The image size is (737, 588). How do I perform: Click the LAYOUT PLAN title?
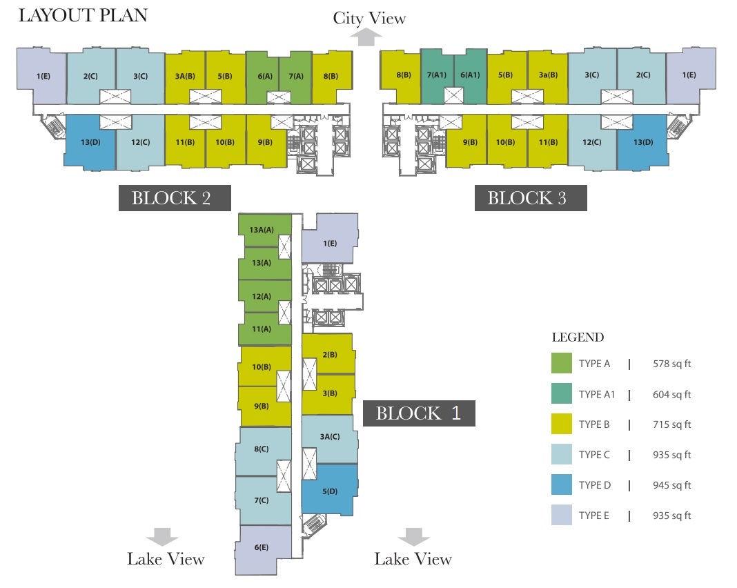point(83,16)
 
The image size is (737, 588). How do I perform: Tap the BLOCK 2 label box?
point(171,198)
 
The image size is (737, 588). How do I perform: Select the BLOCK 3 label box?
point(527,198)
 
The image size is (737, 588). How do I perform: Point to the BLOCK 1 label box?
point(418,413)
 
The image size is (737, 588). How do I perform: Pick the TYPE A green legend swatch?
point(562,364)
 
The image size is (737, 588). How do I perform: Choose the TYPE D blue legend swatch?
point(562,485)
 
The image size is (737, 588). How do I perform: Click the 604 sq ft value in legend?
point(671,395)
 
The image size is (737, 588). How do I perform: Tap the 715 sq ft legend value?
point(671,424)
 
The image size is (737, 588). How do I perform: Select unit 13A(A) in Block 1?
point(262,229)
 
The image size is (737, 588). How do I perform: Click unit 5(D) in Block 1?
point(330,491)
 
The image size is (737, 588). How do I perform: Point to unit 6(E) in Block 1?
point(261,548)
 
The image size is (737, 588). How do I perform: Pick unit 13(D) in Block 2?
point(90,142)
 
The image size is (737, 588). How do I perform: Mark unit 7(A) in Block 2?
point(296,76)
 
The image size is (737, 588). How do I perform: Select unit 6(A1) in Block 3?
point(470,75)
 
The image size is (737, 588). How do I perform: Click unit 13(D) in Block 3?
point(643,142)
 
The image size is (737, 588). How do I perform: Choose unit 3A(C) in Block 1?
point(330,436)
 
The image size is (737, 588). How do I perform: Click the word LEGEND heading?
point(578,338)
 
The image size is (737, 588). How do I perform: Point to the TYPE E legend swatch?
point(562,516)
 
